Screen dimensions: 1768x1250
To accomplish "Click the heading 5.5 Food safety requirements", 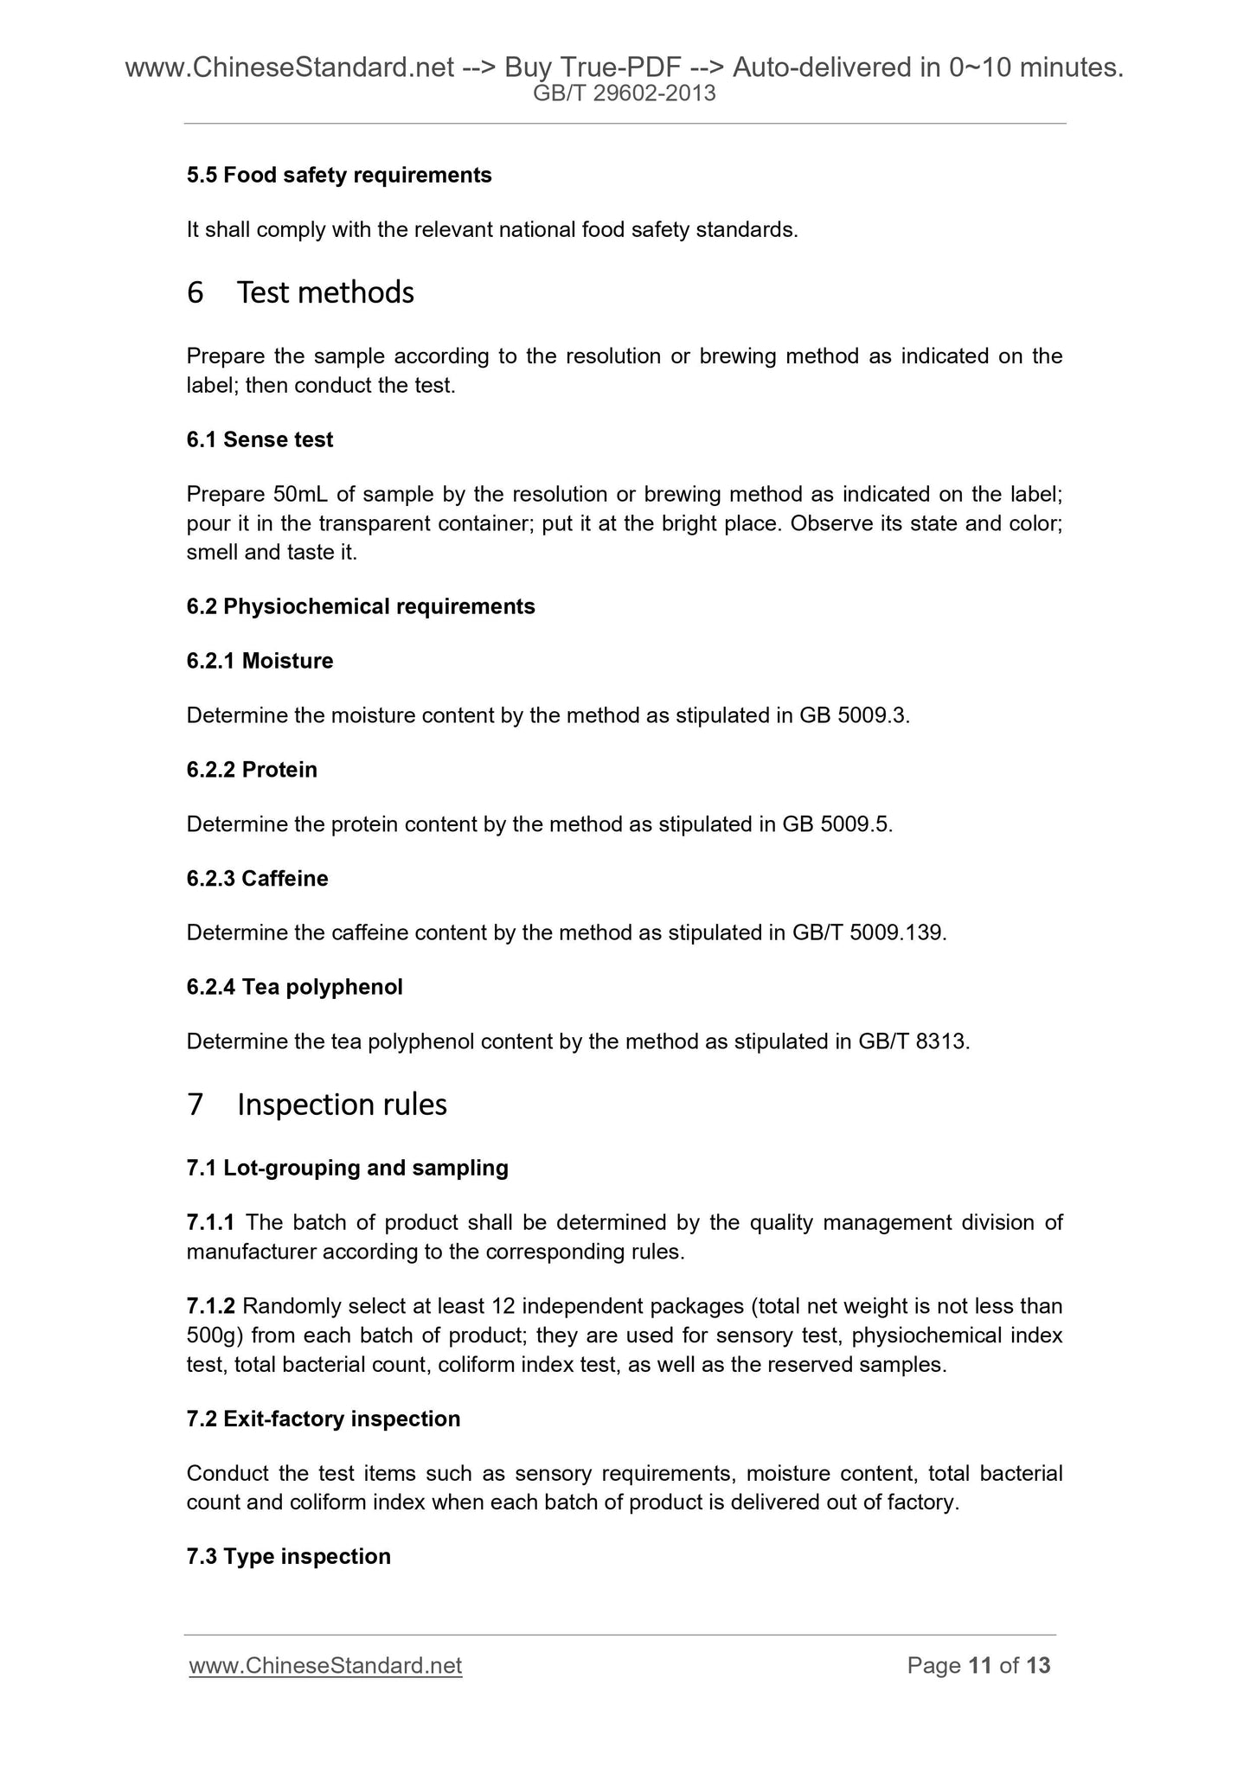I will pos(338,176).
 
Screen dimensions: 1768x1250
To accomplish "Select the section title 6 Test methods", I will pos(299,293).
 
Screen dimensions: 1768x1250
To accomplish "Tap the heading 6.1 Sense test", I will pos(260,440).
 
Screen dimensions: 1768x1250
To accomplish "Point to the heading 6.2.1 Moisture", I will pos(260,661).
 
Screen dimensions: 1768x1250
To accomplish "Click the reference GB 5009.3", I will pos(855,715).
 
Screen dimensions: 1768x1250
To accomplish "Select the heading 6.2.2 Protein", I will pos(252,770).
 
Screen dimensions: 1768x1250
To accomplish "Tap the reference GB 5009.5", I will pos(836,824).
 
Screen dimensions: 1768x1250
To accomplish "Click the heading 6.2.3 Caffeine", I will pos(257,879).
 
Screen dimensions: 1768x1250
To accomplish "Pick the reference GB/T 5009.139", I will pos(869,933).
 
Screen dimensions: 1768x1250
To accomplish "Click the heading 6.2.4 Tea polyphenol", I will pos(294,987).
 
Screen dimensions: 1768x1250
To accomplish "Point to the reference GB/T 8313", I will pos(913,1041).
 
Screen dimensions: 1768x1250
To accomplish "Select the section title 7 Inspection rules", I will pos(316,1105).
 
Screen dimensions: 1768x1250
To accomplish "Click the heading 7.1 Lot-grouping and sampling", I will pos(347,1169).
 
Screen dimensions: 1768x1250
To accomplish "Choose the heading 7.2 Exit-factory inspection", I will pos(323,1419).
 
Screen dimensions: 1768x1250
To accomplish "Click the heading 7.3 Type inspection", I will pos(288,1557).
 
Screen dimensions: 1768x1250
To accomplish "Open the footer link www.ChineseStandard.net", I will pos(325,1666).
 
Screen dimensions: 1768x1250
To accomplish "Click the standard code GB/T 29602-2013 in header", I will pos(624,94).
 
